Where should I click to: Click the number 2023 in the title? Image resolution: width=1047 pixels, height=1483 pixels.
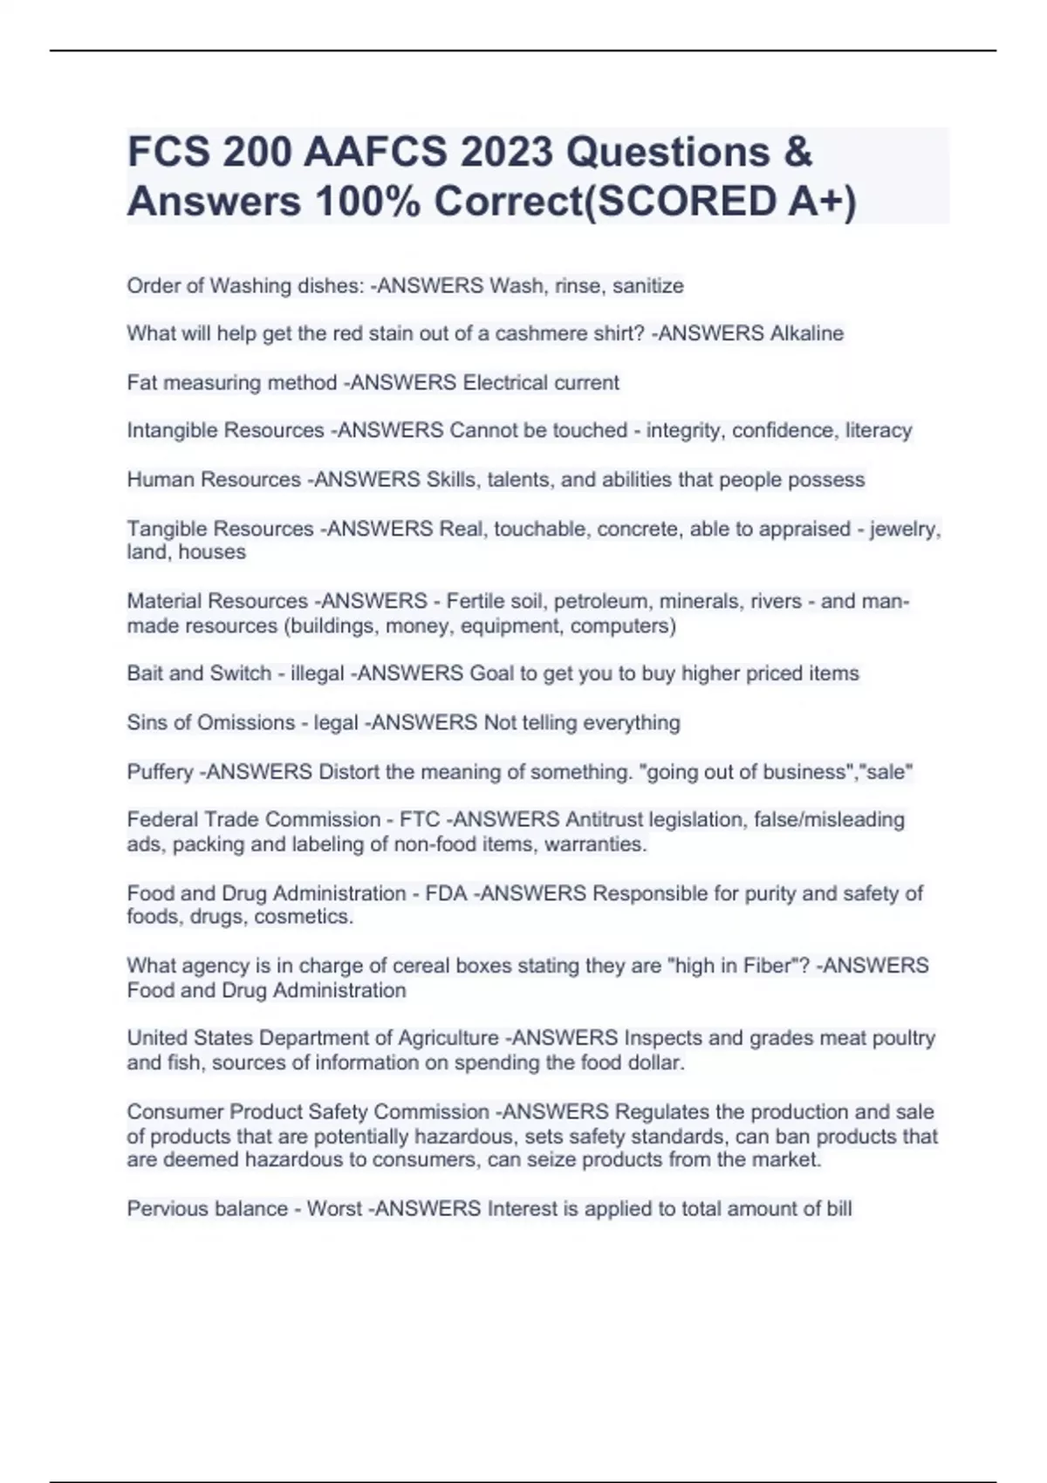coord(507,153)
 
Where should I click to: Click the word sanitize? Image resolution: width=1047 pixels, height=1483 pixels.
coord(647,285)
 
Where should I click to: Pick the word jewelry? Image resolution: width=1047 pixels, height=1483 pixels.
coord(909,529)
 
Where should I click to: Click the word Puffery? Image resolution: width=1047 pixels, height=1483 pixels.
coord(160,771)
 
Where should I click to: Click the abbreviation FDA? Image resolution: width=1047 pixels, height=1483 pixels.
coord(446,893)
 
